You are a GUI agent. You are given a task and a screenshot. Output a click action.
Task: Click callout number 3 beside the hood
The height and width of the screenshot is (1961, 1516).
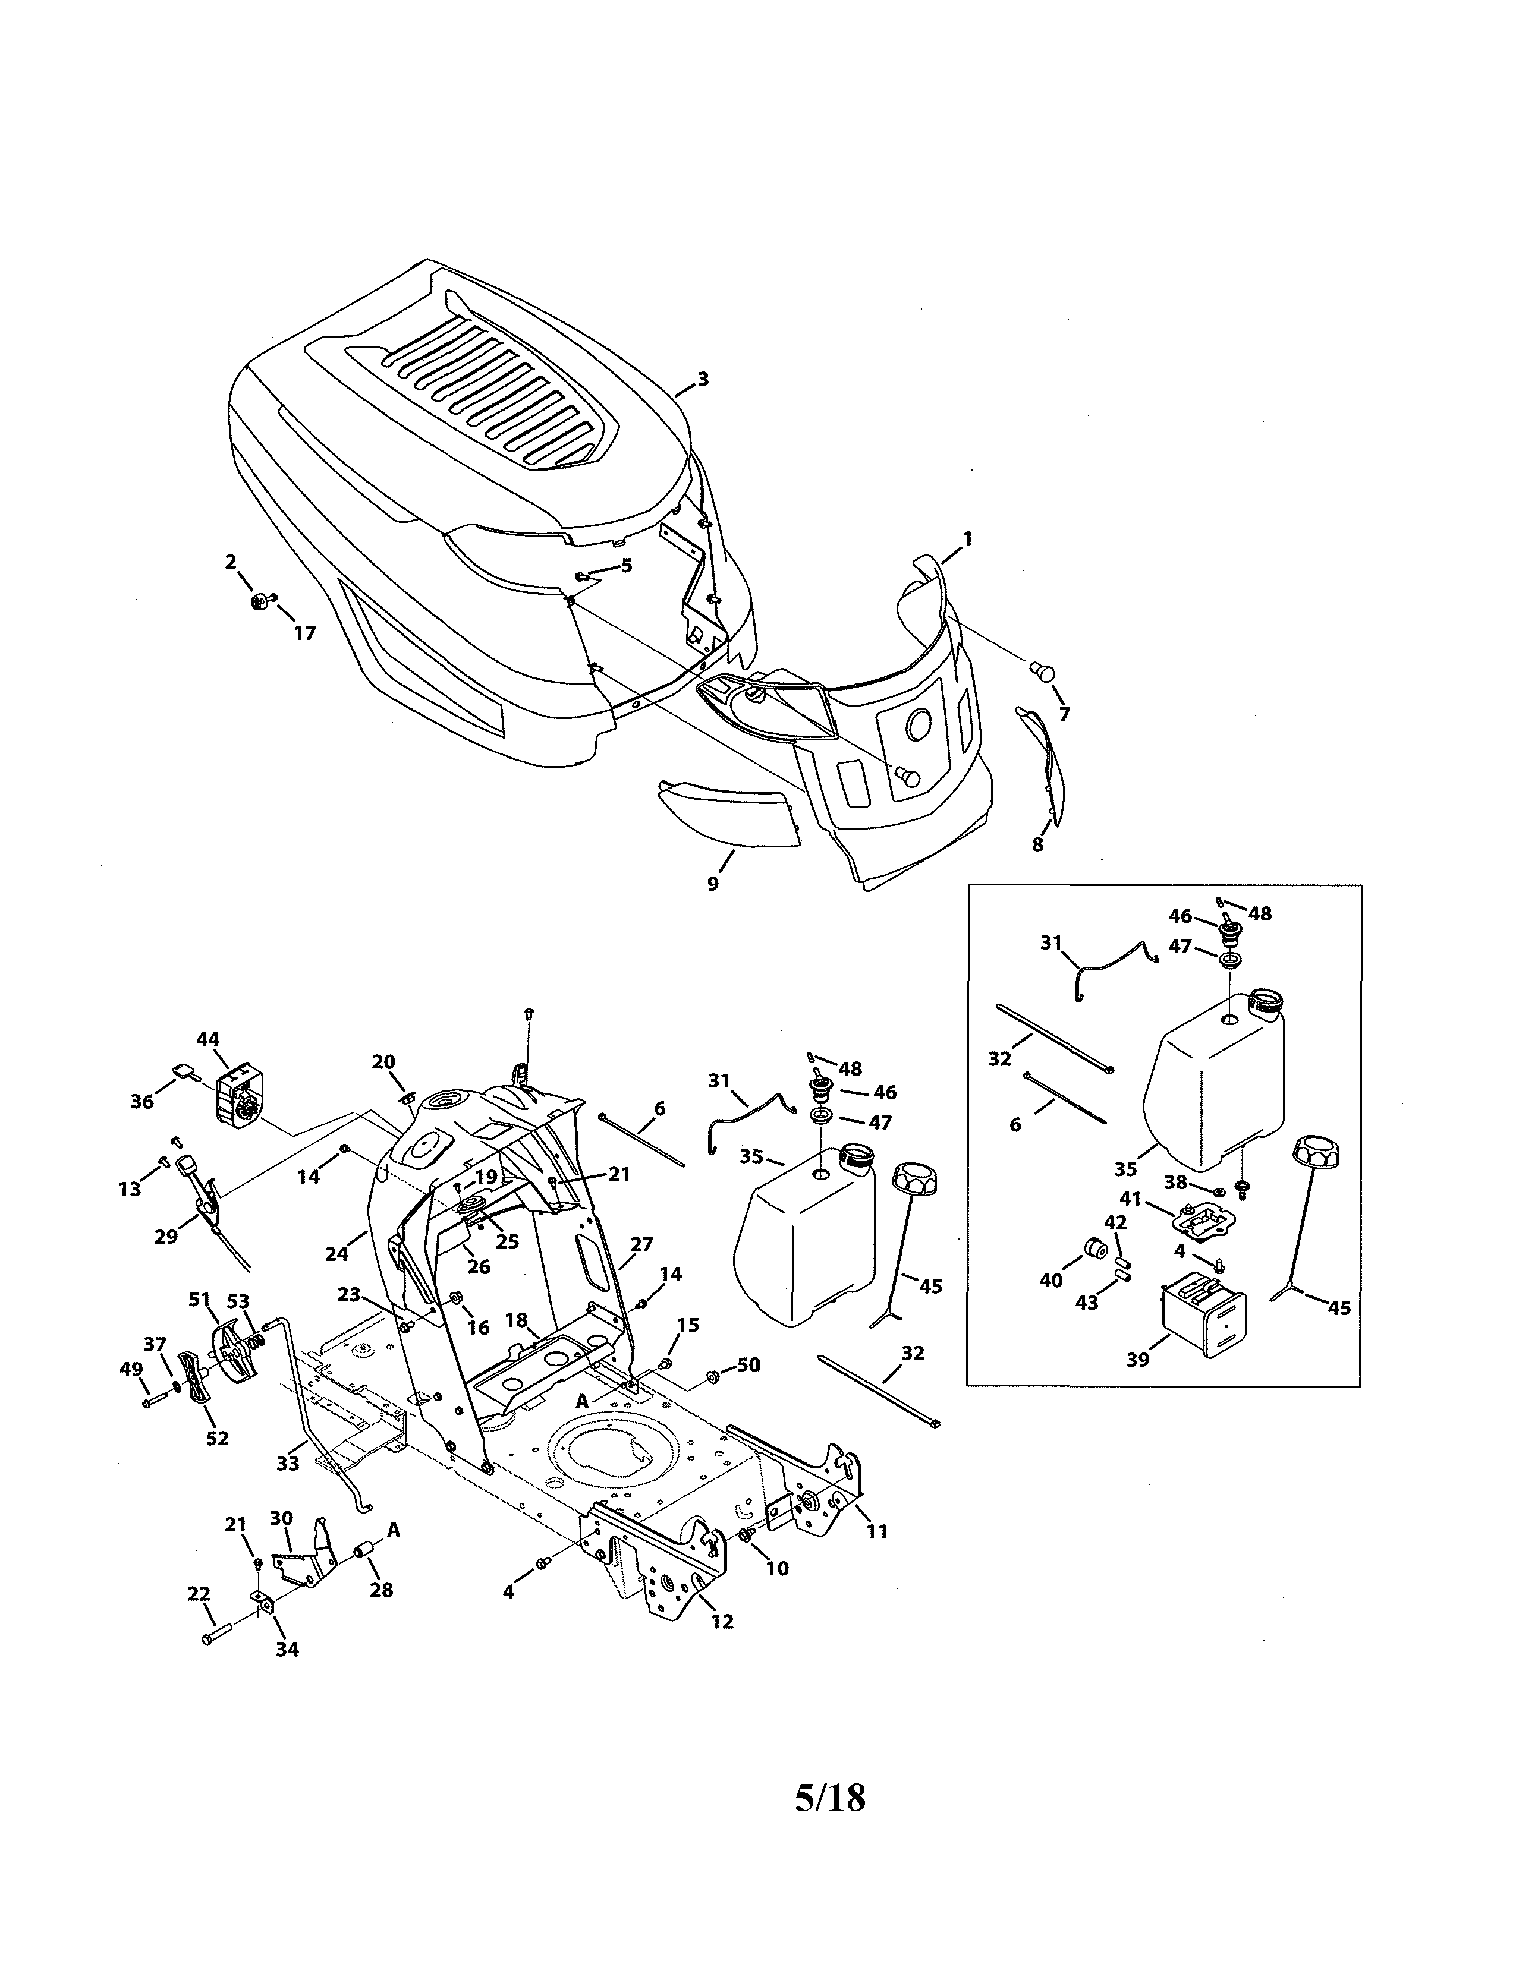pyautogui.click(x=703, y=379)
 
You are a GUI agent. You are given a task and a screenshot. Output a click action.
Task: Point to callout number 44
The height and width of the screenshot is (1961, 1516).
pyautogui.click(x=207, y=1039)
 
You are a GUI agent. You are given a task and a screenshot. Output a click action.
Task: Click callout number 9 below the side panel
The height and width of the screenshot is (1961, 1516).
pyautogui.click(x=713, y=884)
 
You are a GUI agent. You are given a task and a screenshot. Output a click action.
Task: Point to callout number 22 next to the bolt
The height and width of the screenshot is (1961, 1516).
pyautogui.click(x=199, y=1594)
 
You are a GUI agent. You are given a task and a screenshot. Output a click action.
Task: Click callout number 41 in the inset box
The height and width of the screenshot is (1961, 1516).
pyautogui.click(x=1130, y=1198)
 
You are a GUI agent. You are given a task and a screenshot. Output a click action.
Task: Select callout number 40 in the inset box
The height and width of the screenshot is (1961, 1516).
pyautogui.click(x=1050, y=1281)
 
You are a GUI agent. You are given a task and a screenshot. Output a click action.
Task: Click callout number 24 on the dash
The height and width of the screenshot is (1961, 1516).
pyautogui.click(x=336, y=1253)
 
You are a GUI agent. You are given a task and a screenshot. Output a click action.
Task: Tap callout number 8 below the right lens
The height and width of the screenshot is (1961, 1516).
pyautogui.click(x=1037, y=844)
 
